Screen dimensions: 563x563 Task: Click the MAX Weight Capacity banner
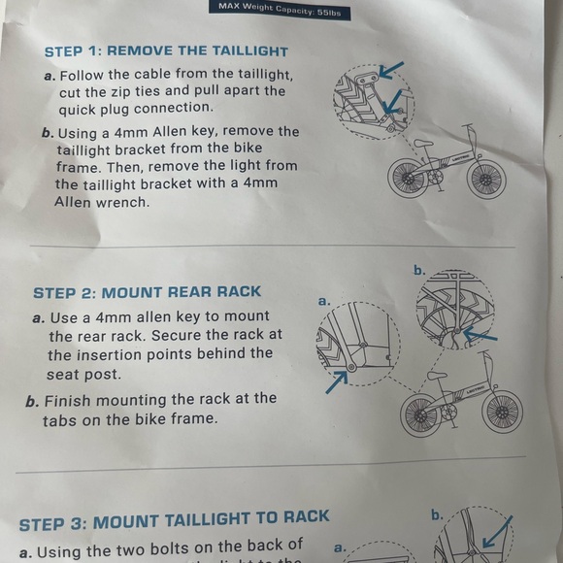click(x=280, y=11)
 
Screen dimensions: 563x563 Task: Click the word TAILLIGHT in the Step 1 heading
click(x=249, y=51)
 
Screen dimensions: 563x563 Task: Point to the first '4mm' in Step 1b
click(x=131, y=132)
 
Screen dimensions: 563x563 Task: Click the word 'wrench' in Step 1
click(x=122, y=202)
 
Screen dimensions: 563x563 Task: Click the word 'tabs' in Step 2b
click(x=59, y=419)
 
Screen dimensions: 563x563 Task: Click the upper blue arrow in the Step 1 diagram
click(x=391, y=70)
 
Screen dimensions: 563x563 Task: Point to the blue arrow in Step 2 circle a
click(x=337, y=382)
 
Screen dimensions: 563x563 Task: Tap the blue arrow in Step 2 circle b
click(x=480, y=335)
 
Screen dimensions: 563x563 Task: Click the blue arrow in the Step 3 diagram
click(x=497, y=532)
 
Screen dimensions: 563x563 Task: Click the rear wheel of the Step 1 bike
click(x=409, y=178)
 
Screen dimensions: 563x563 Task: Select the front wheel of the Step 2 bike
click(x=502, y=412)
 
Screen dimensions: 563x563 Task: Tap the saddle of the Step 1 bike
click(x=423, y=144)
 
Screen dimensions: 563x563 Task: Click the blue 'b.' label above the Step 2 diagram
click(x=419, y=270)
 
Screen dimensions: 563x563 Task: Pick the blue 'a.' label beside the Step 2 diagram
click(x=324, y=301)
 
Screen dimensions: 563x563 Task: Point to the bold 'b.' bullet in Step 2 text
click(x=32, y=401)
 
